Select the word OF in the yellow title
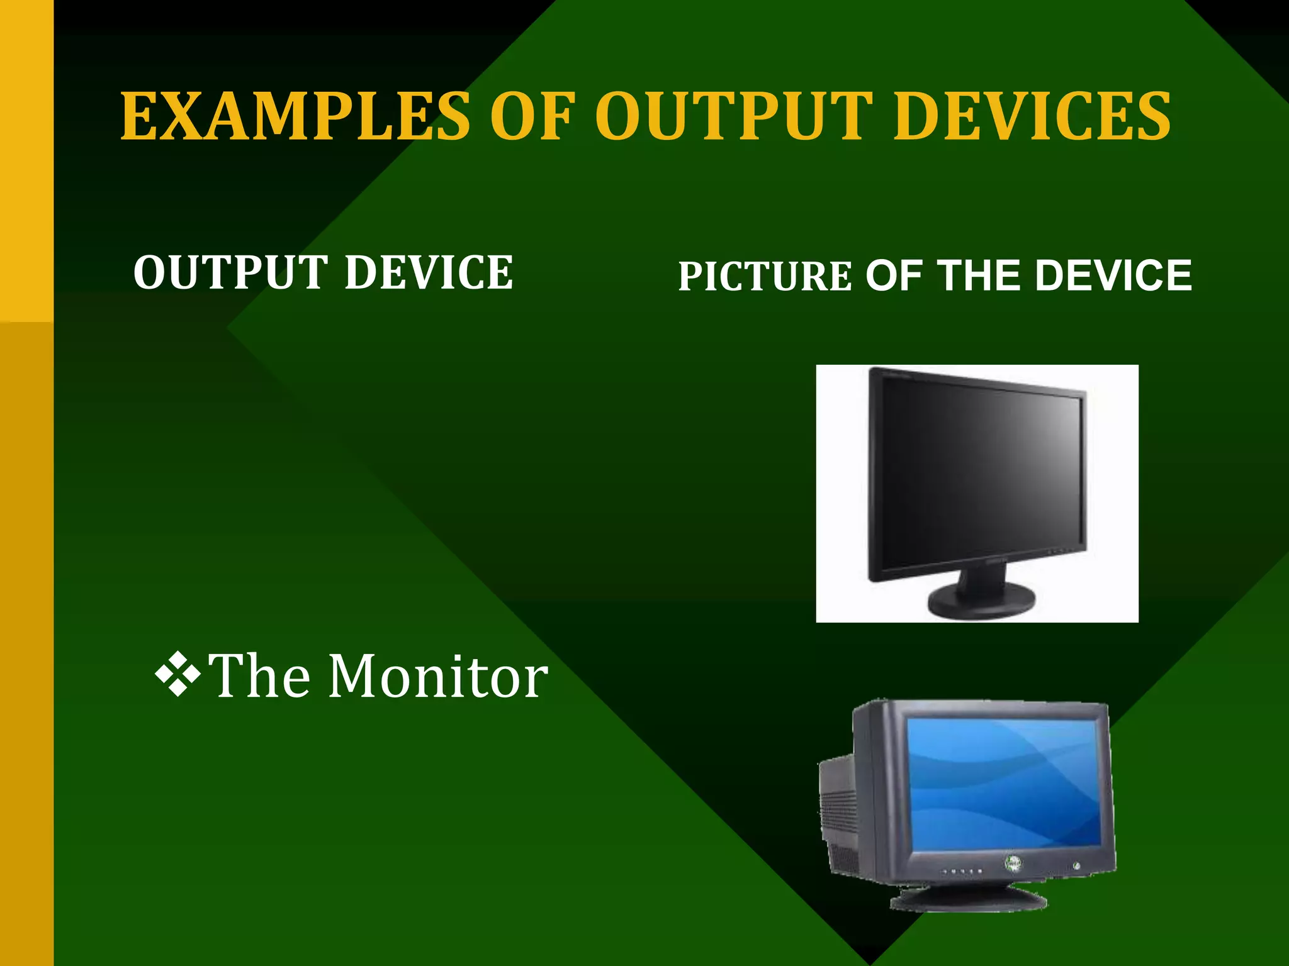532,116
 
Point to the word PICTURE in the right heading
765,277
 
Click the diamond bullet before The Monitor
178,675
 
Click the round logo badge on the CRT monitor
1013,865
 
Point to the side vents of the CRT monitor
841,811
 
